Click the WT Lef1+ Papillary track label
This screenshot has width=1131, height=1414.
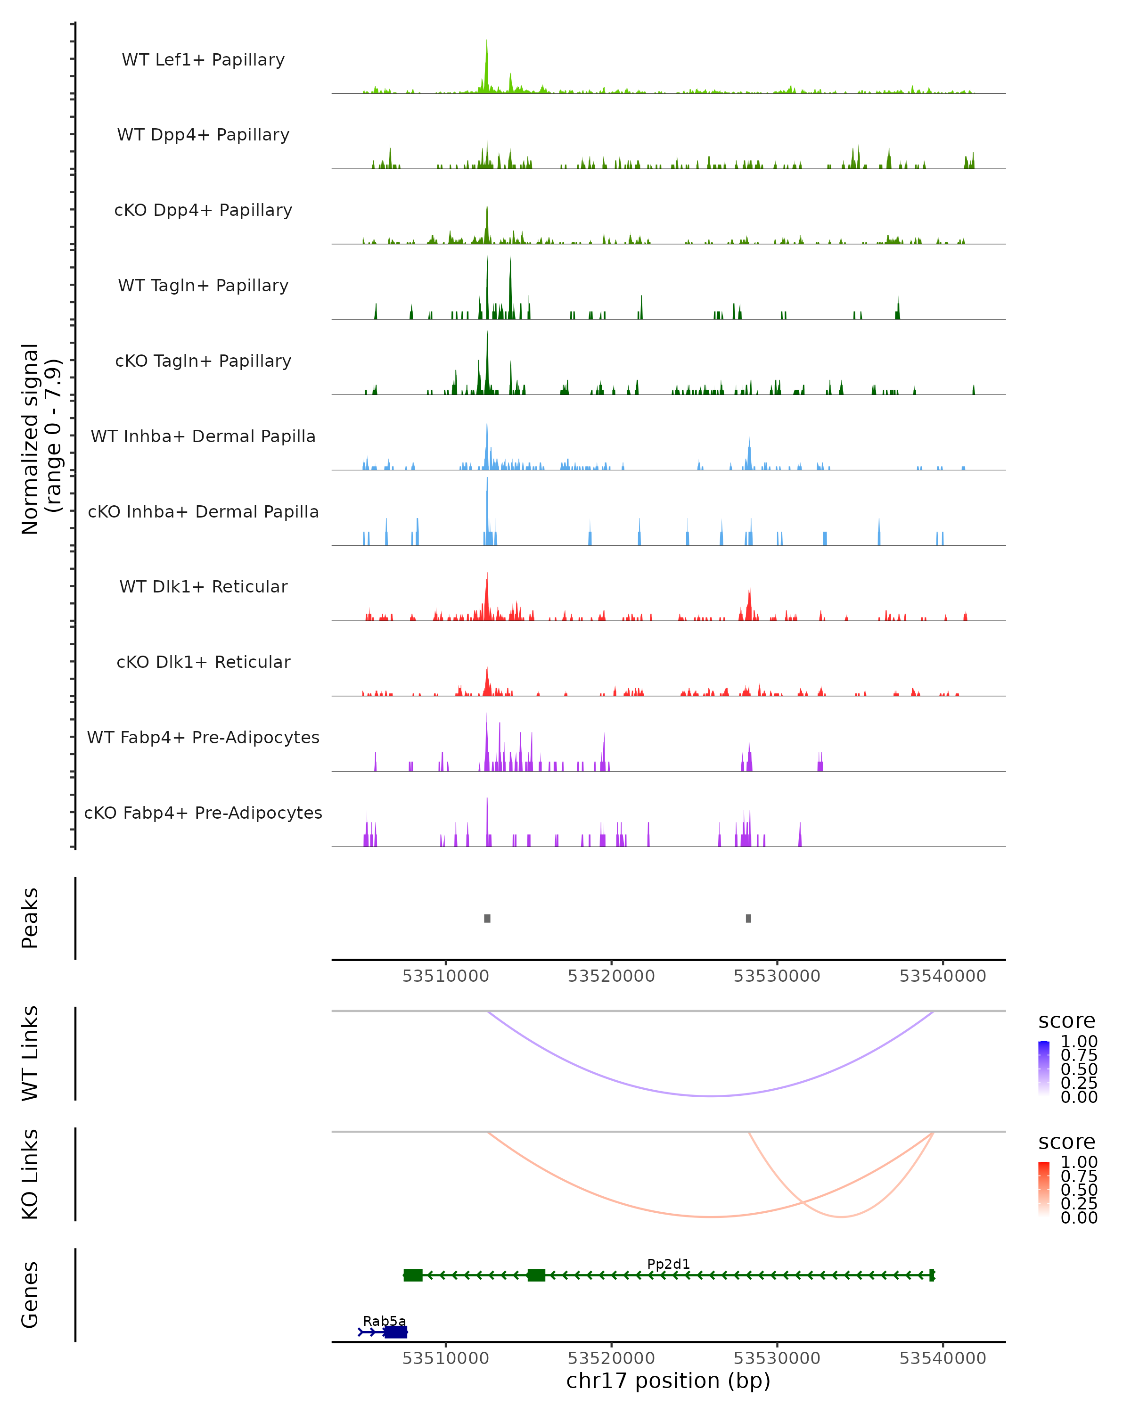203,60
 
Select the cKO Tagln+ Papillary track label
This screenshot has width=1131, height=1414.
203,361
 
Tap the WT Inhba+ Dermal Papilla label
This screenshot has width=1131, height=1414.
203,436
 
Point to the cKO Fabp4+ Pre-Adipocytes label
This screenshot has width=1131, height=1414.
203,813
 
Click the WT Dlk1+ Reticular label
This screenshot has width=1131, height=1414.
203,586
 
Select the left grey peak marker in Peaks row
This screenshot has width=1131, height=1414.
487,918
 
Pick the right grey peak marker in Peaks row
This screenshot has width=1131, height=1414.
748,918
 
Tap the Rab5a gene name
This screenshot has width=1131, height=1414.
384,1321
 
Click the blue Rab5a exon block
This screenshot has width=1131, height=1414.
395,1332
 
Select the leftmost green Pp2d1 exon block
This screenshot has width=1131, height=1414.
413,1275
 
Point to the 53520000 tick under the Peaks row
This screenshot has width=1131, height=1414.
611,976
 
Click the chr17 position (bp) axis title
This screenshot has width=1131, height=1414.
668,1381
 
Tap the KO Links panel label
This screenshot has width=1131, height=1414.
30,1174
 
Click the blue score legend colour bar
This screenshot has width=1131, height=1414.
1044,1069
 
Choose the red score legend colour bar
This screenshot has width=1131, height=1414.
1044,1189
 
